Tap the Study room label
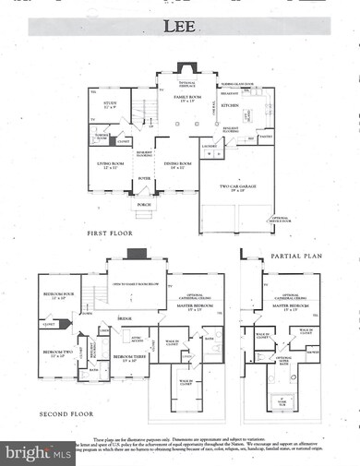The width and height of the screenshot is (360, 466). pos(108,105)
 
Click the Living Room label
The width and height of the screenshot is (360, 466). pos(112,165)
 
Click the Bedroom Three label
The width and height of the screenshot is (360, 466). pos(126,355)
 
